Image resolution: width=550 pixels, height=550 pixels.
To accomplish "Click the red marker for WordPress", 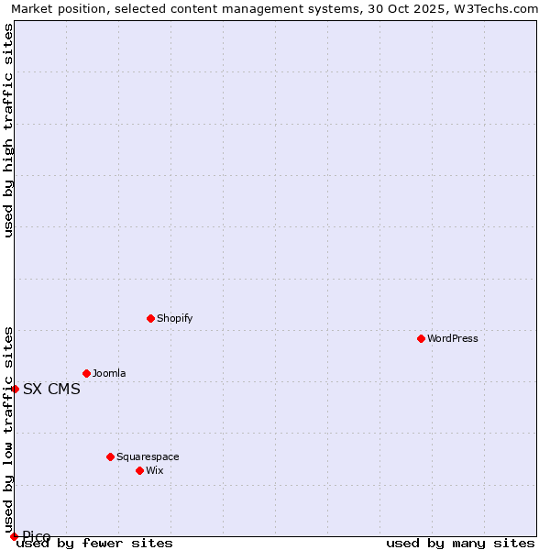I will point(421,338).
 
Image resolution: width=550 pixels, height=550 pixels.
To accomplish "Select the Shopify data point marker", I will point(150,318).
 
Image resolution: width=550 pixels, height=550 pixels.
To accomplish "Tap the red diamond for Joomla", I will point(86,373).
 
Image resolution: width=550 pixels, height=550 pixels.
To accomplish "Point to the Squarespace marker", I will point(110,456).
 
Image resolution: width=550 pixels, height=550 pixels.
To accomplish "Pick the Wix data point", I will point(139,470).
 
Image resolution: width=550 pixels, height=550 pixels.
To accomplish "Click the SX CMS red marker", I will point(15,389).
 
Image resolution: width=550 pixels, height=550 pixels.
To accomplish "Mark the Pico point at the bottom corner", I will point(14,536).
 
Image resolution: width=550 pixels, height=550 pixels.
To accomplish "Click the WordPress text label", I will point(452,338).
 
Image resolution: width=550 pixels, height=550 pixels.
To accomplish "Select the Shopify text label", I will point(174,318).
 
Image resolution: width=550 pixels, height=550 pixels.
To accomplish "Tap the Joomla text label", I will point(109,373).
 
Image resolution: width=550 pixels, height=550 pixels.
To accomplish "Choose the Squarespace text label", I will point(148,456).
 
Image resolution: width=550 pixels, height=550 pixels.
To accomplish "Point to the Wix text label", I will point(154,470).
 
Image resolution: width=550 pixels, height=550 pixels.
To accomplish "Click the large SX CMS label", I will point(51,389).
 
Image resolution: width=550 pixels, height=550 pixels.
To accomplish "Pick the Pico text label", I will point(37,536).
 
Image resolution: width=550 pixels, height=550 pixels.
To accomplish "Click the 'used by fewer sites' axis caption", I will point(95,544).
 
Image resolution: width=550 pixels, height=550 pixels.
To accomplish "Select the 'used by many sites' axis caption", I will point(460,544).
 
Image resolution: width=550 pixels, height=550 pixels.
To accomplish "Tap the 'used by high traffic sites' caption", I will point(8,130).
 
